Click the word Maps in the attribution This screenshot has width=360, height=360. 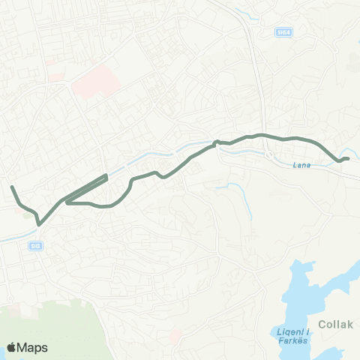tap(34, 347)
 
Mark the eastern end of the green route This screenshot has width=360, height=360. tap(348, 157)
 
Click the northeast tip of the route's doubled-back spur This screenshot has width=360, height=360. tap(106, 175)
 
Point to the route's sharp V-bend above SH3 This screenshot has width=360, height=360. tap(38, 221)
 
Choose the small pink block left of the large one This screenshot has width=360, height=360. tap(55, 76)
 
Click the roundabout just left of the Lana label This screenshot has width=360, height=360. tap(269, 155)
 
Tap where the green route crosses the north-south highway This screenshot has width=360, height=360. tap(262, 135)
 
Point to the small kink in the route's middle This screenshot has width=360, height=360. tap(216, 142)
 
